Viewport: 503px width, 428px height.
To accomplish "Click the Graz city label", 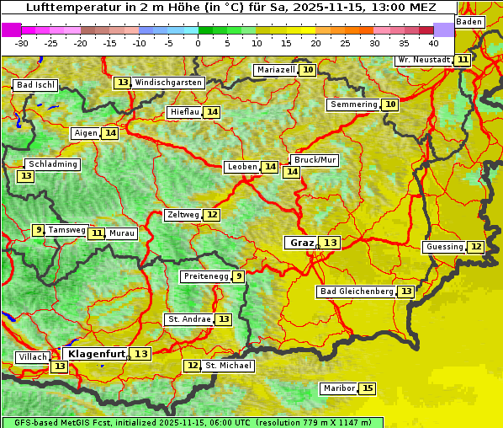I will click(301, 243).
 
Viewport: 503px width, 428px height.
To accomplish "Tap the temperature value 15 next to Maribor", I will click(368, 388).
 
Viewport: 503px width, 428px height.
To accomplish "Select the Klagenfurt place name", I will click(97, 354).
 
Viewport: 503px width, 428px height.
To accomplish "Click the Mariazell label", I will click(276, 70).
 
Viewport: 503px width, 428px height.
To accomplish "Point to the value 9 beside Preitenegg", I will click(239, 276).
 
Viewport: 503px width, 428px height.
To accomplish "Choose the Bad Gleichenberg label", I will click(356, 292).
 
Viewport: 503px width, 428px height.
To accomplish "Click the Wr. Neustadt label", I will click(424, 60).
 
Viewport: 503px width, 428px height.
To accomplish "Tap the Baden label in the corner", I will click(470, 22).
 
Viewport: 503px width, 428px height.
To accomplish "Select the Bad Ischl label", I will click(35, 85).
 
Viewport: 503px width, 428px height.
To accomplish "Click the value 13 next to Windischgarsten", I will click(123, 83).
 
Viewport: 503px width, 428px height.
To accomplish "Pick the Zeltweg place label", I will click(183, 215).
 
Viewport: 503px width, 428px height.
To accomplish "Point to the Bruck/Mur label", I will click(315, 160).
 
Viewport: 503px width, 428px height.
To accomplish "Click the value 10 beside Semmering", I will click(389, 104).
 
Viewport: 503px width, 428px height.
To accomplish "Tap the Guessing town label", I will click(444, 247).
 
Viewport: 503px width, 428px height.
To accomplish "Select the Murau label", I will click(122, 233).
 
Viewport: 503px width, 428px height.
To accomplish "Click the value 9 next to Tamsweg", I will click(38, 230).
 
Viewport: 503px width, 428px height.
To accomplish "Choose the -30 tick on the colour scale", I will click(23, 42).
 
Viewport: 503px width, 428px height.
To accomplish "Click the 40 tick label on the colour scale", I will click(433, 42).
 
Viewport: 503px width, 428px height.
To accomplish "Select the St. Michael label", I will click(228, 366).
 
